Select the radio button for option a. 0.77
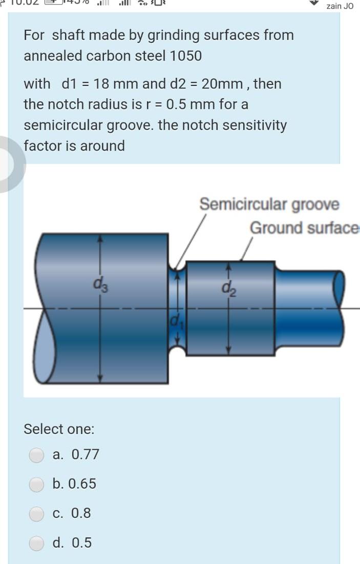[36, 455]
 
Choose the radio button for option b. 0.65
[36, 484]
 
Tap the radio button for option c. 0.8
[36, 513]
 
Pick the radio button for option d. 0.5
[36, 543]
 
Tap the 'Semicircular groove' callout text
[269, 204]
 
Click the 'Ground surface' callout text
[304, 228]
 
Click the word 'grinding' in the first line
[174, 35]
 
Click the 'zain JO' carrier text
[340, 7]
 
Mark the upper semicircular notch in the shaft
[177, 265]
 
